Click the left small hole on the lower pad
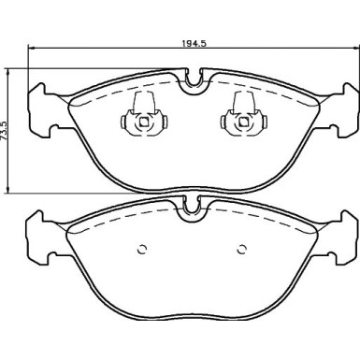click(x=142, y=249)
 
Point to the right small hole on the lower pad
click(x=240, y=249)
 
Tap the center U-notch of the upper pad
click(x=193, y=82)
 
